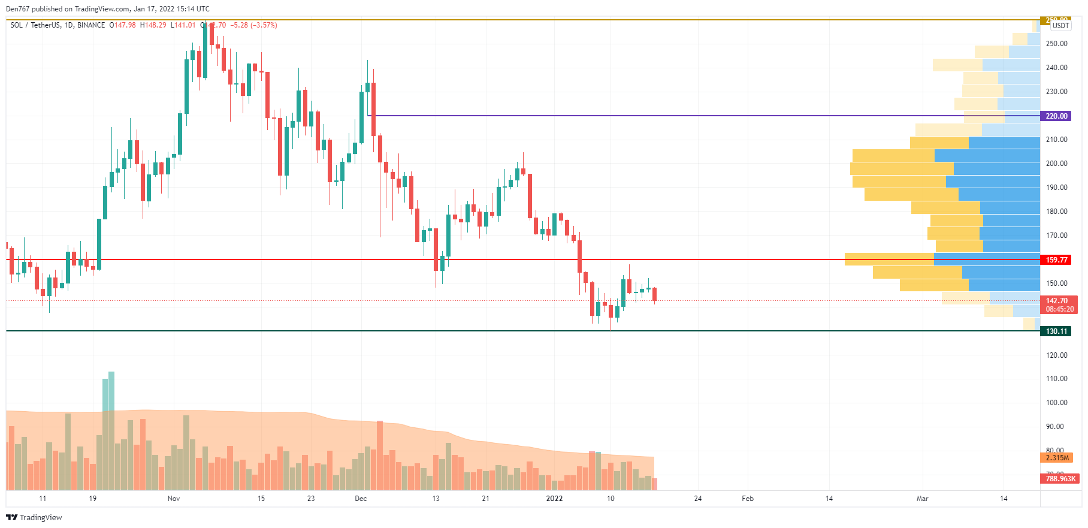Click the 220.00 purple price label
(1056, 116)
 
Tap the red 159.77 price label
(1056, 260)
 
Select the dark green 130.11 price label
(1056, 331)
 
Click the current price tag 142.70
(1056, 301)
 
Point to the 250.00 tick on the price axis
(1056, 44)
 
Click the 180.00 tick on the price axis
(1056, 212)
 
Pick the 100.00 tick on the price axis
(1056, 403)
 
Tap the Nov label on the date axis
(174, 499)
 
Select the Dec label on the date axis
(361, 499)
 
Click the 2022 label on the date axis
(554, 499)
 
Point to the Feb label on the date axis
(748, 499)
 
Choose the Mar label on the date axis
(922, 499)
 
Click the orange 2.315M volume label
(1057, 458)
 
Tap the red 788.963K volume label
(1060, 479)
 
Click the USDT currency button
(1060, 26)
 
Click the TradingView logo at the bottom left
(34, 517)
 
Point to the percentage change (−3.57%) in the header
(264, 25)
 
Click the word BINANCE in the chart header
(91, 25)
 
